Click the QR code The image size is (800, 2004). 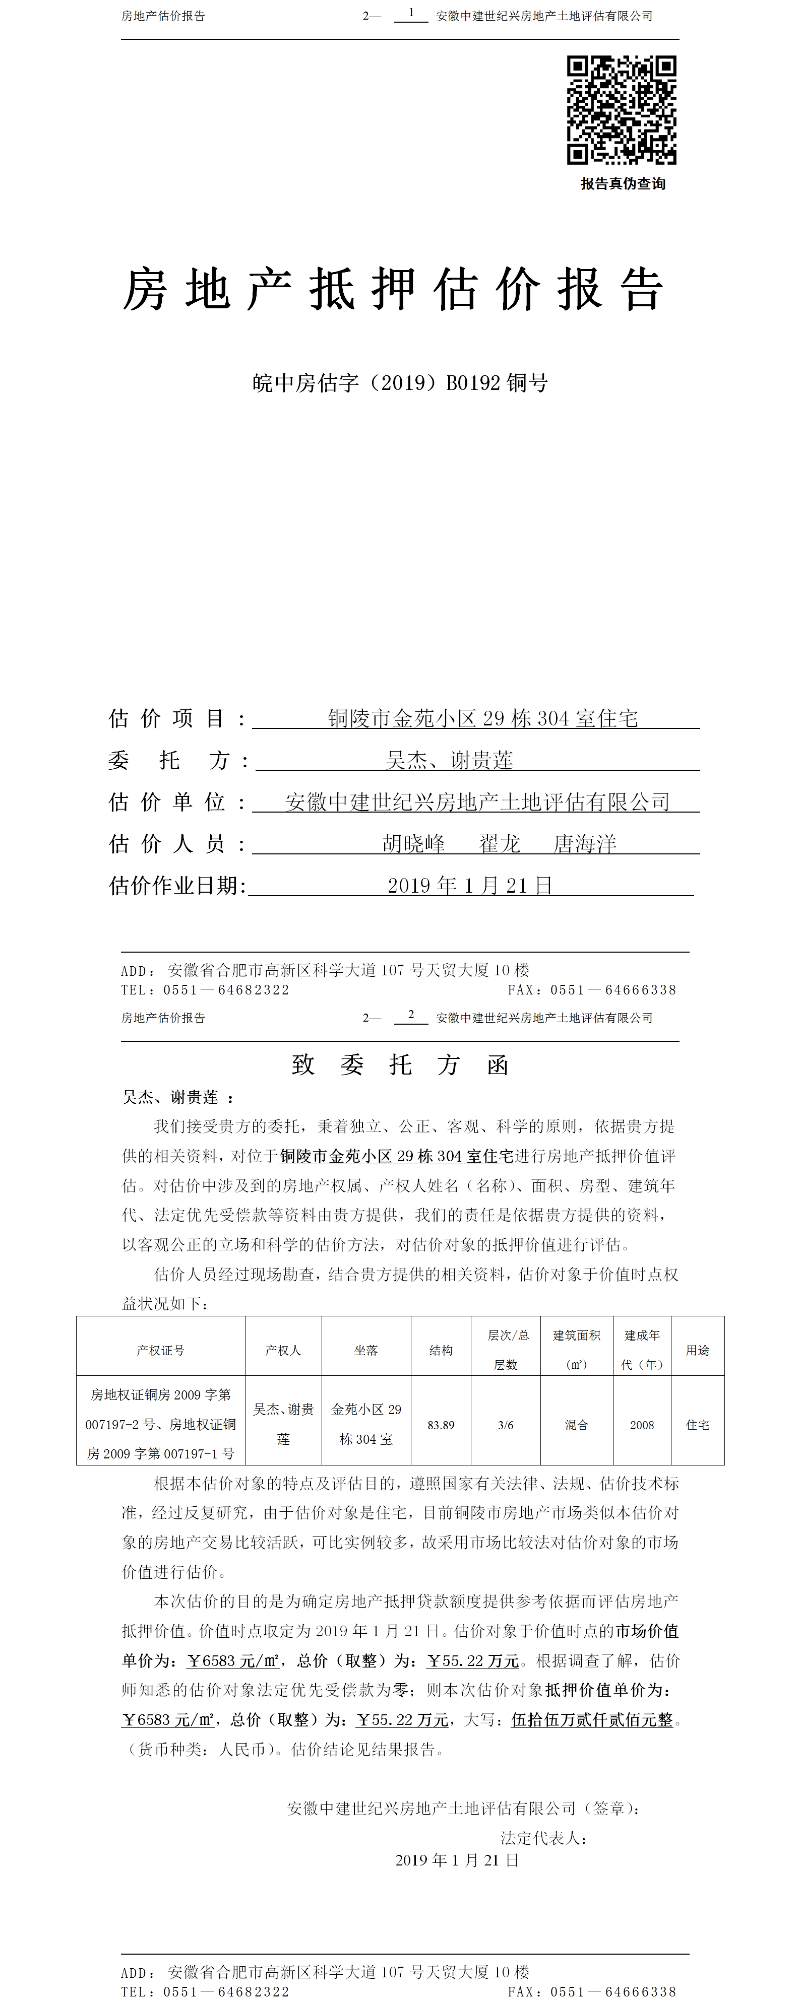[x=621, y=110]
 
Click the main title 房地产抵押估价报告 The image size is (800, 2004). [x=393, y=289]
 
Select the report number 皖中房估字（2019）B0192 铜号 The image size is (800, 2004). [x=400, y=383]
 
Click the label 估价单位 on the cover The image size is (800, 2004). [x=167, y=802]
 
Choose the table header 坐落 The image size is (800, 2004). [x=366, y=1350]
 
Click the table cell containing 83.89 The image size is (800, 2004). [x=441, y=1425]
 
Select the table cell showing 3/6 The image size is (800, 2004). [x=505, y=1425]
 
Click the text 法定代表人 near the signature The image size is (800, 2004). [x=542, y=1838]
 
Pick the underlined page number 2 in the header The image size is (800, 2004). [x=411, y=1015]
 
